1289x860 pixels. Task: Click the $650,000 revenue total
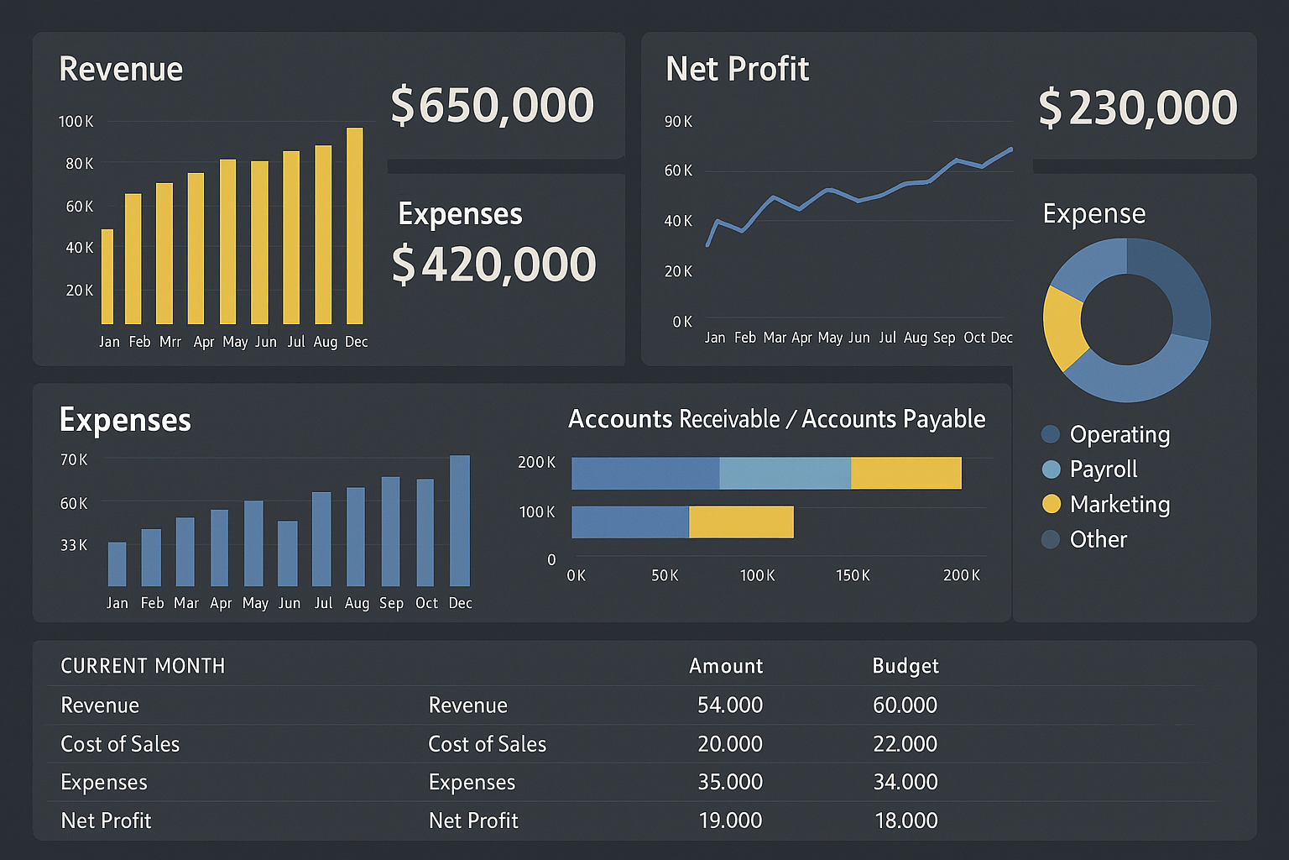(x=493, y=106)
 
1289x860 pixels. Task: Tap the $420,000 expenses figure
(x=493, y=265)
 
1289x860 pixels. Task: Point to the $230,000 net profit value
(x=1137, y=107)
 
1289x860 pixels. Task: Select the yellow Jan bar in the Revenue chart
(x=107, y=277)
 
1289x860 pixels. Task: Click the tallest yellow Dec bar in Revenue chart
(x=355, y=227)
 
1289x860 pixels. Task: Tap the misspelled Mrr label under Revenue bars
(x=170, y=342)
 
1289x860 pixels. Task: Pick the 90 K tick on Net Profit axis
(x=678, y=122)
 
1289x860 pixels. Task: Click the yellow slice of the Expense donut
(x=1062, y=326)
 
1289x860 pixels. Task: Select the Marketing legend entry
(x=1119, y=504)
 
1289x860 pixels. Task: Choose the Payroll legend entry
(x=1103, y=469)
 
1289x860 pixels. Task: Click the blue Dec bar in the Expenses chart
(x=460, y=521)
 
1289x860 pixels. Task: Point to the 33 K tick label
(x=74, y=545)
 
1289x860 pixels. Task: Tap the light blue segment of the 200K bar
(x=785, y=473)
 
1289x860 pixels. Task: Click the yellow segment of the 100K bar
(x=741, y=522)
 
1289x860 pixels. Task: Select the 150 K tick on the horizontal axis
(x=853, y=575)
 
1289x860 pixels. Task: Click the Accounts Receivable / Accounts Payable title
(x=776, y=419)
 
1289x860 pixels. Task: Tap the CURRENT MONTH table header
(x=143, y=666)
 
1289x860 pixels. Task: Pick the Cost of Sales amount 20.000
(x=729, y=744)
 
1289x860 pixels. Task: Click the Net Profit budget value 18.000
(x=905, y=821)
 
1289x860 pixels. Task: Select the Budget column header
(x=905, y=666)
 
